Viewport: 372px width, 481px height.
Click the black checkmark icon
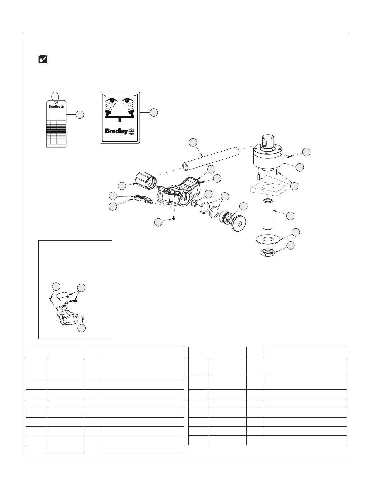click(x=43, y=59)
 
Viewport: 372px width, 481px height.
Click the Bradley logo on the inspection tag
click(x=56, y=107)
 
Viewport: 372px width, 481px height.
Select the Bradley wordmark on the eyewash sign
click(x=116, y=131)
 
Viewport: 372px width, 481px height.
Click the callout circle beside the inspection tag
click(x=80, y=114)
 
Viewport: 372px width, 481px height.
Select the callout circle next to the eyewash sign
click(x=154, y=112)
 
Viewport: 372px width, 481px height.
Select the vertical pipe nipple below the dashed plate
click(x=268, y=213)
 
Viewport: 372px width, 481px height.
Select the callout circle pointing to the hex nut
click(x=291, y=245)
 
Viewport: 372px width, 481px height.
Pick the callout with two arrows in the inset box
click(x=81, y=288)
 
